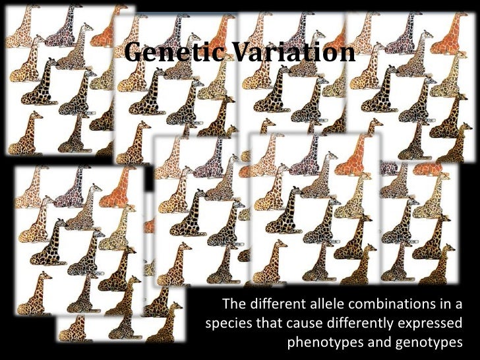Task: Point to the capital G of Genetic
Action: pos(134,51)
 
